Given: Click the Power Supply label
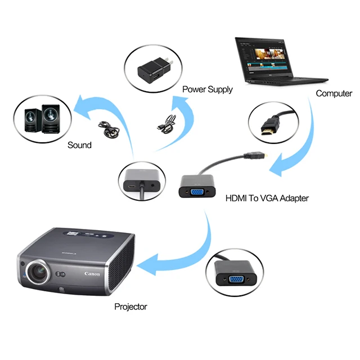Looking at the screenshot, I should [207, 89].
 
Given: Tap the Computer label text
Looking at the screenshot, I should [334, 93].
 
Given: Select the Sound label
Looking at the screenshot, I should [79, 145].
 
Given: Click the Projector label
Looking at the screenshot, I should [130, 307].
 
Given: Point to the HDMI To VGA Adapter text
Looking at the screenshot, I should [267, 198].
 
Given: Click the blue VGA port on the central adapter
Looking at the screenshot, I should [198, 191].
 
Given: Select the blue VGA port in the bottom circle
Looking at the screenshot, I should [236, 279].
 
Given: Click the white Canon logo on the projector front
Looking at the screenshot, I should [92, 274].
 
